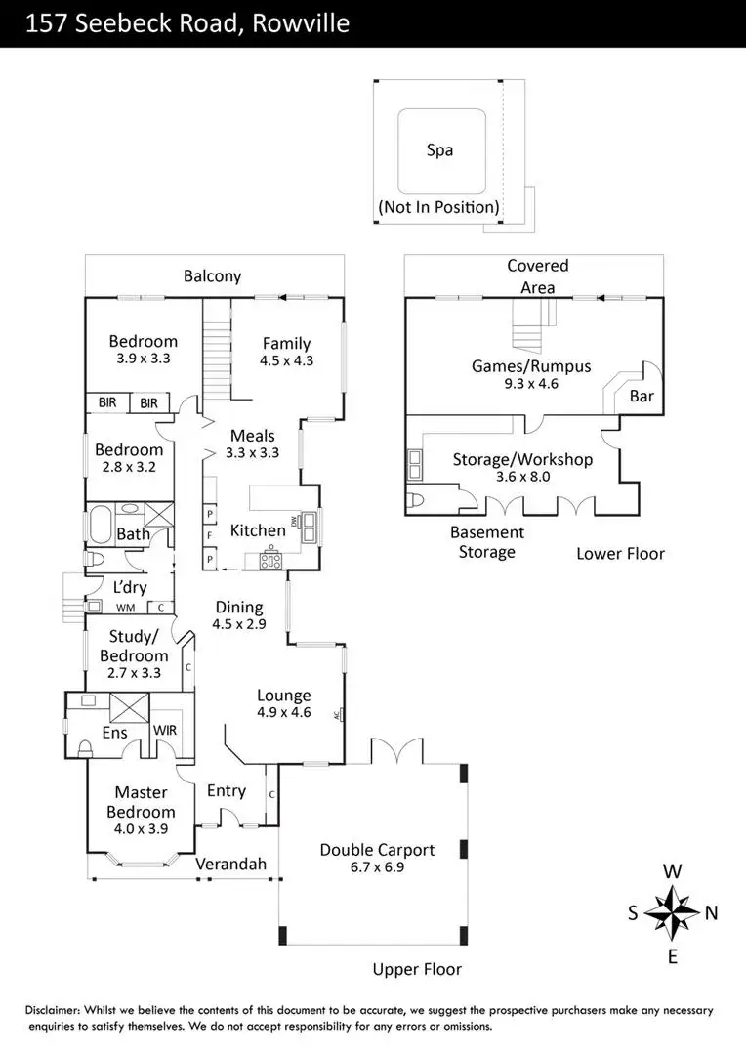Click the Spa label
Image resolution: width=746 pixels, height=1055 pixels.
[x=439, y=150]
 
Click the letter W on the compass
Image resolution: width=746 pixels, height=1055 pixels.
[x=673, y=871]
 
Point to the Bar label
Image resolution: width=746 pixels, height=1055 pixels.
[x=642, y=397]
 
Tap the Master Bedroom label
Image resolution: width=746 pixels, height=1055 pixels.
[x=141, y=802]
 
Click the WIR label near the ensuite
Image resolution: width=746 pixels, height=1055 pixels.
[x=164, y=730]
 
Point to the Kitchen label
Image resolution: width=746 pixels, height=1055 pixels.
[x=258, y=530]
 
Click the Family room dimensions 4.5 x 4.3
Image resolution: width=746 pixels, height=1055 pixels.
[x=286, y=359]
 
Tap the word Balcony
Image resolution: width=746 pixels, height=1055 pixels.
[x=212, y=276]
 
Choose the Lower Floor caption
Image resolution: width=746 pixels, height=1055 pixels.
[x=620, y=554]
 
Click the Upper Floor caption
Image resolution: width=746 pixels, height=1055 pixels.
[x=417, y=969]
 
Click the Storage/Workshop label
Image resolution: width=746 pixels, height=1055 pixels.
[x=522, y=459]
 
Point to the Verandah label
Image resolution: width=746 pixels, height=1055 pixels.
[x=230, y=864]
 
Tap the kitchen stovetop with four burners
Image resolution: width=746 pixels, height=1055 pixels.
[x=269, y=560]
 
